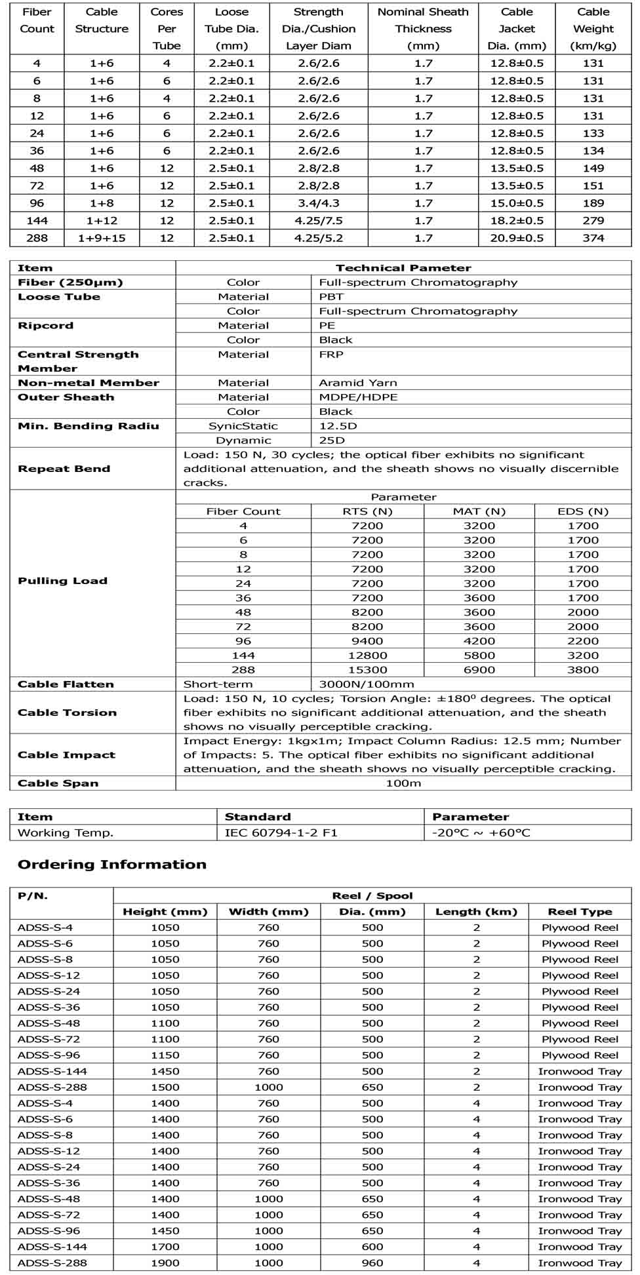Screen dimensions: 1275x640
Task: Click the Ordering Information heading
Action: (x=112, y=865)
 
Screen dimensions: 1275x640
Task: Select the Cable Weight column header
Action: (x=593, y=29)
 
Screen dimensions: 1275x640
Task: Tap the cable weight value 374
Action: (x=593, y=238)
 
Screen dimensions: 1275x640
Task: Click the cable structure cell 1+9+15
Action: (x=102, y=238)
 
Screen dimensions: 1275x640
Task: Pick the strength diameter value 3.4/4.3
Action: (x=318, y=203)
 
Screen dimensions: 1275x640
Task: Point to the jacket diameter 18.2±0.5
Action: (x=517, y=221)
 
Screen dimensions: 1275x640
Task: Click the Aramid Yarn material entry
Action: (x=357, y=383)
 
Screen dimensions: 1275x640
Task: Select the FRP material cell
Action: (x=331, y=355)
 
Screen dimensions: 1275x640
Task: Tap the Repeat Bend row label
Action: (x=64, y=469)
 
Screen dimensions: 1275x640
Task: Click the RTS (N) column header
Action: (x=367, y=511)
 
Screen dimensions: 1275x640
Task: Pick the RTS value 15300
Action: (x=367, y=670)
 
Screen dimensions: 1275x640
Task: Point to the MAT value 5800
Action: (x=479, y=656)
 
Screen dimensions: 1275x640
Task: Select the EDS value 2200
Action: (x=583, y=641)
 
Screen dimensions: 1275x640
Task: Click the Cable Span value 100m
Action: (x=403, y=783)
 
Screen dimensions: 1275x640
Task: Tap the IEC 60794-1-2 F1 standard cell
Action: (x=281, y=833)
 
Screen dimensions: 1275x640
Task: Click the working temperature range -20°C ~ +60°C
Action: (x=481, y=833)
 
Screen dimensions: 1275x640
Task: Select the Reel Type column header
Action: (x=580, y=912)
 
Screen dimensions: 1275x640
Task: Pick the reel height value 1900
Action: (x=165, y=1263)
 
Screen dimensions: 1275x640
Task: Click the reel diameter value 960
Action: (x=372, y=1263)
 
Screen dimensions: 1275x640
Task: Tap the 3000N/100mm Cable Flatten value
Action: (x=367, y=684)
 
